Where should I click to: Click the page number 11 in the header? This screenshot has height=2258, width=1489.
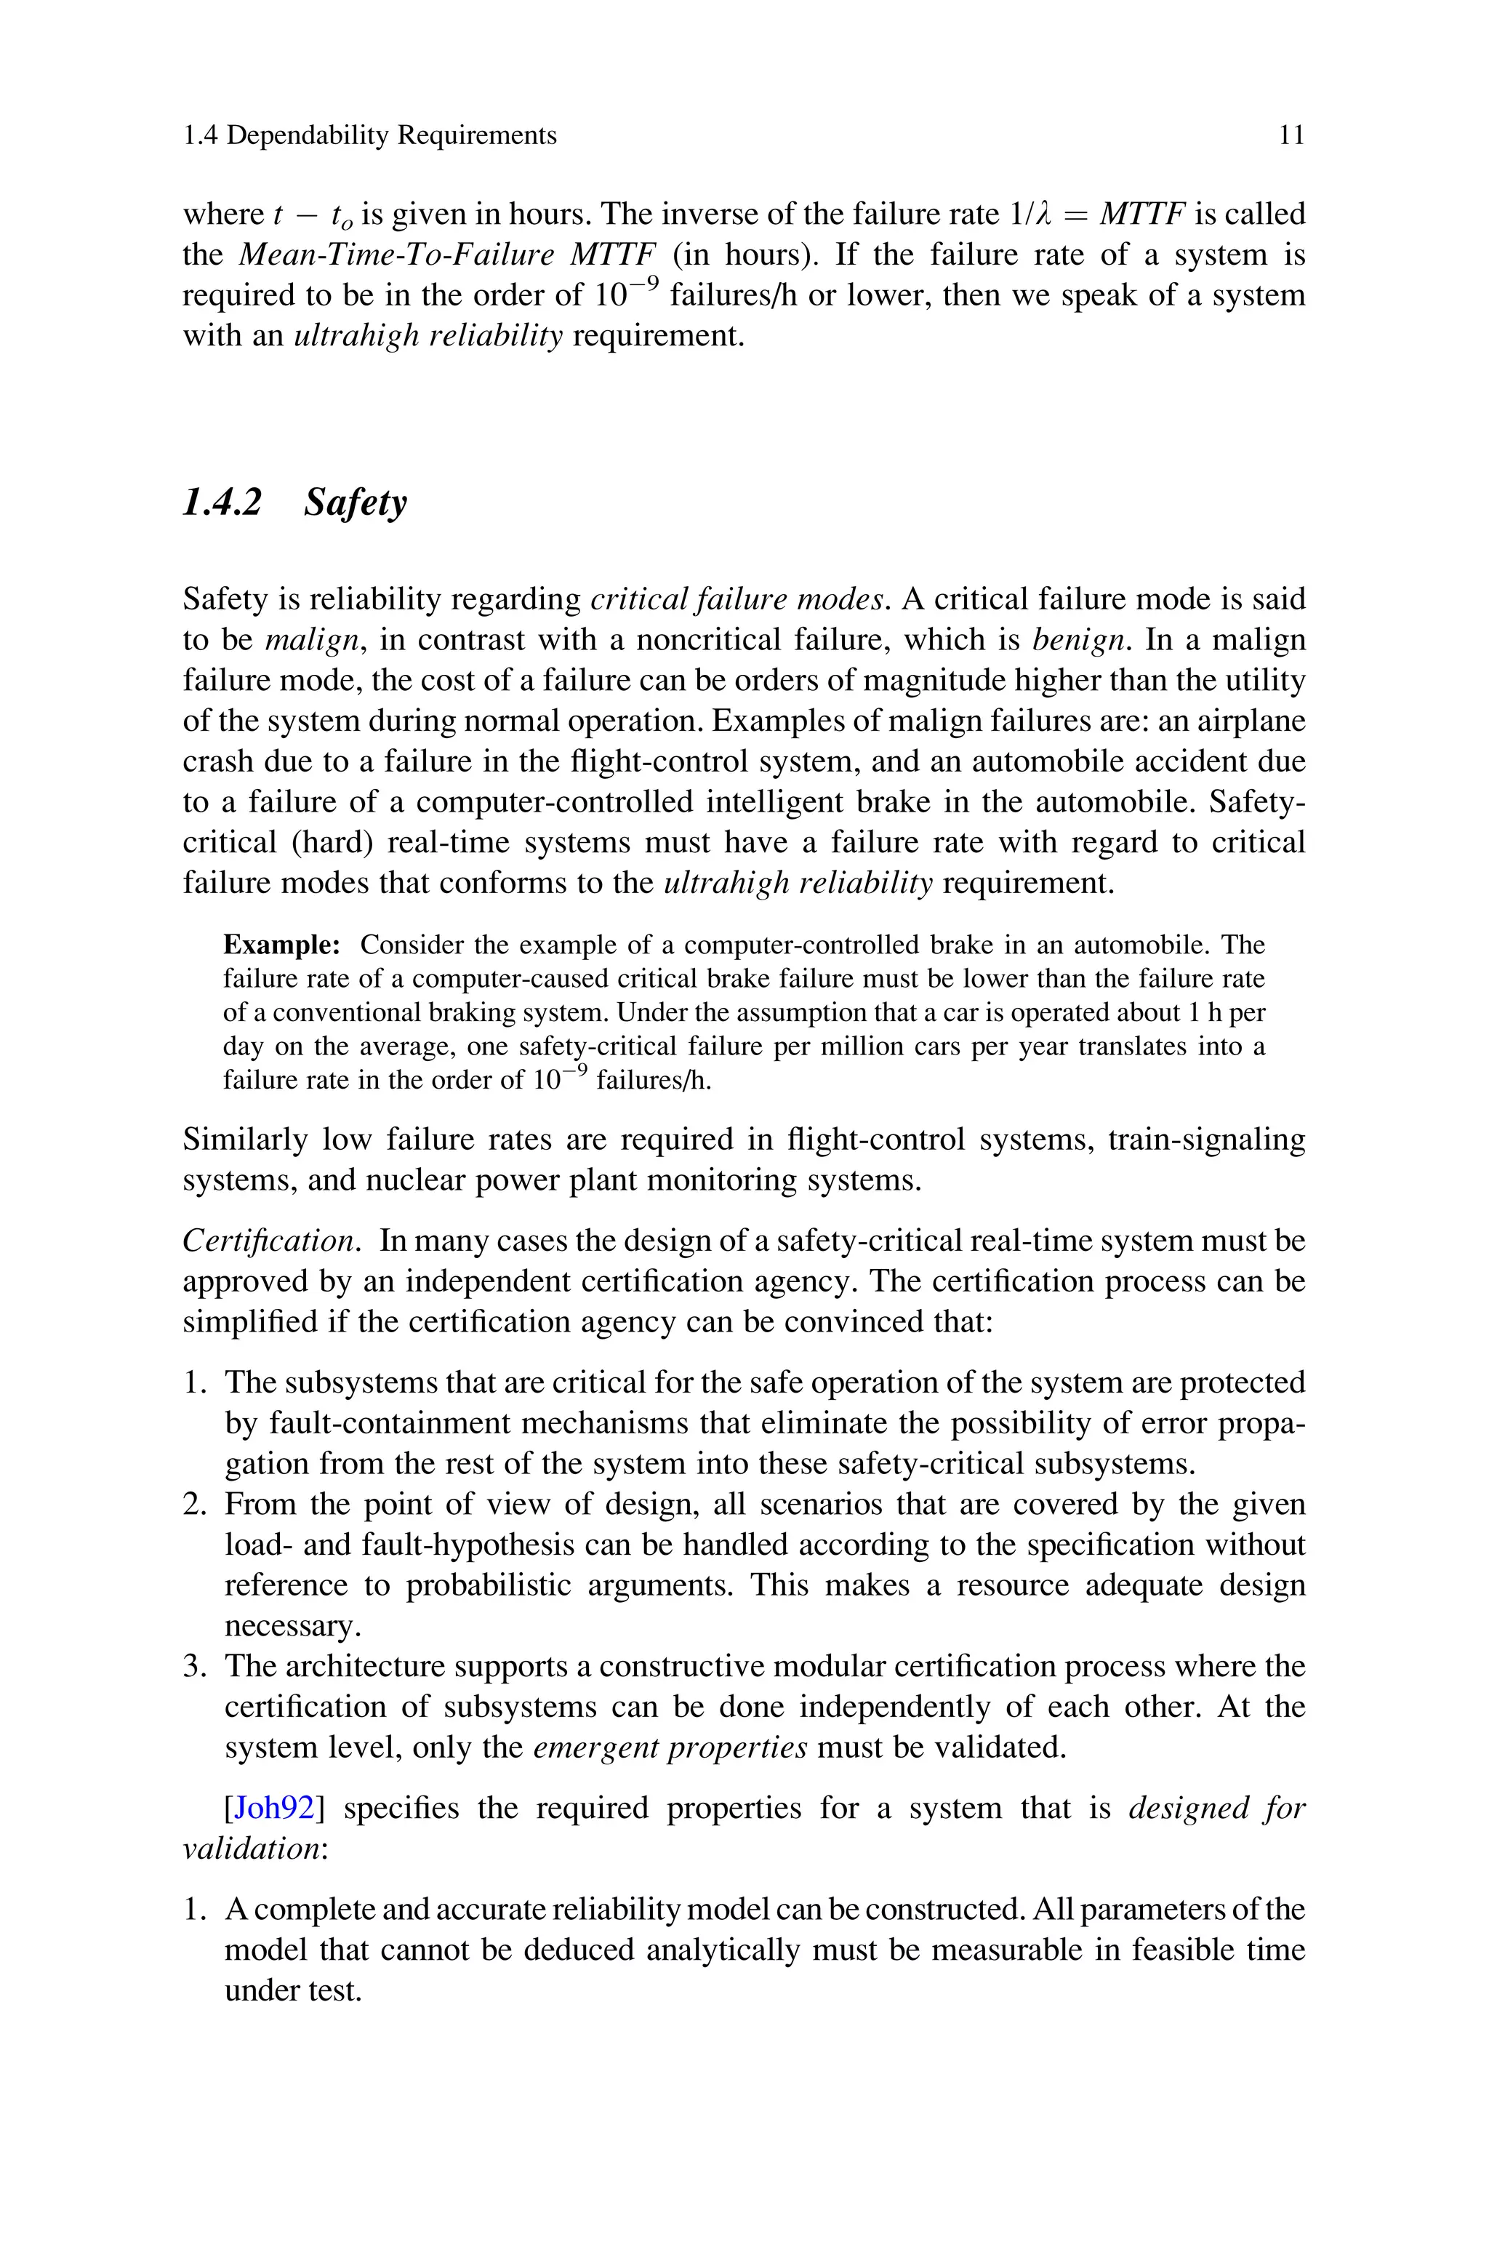[1291, 136]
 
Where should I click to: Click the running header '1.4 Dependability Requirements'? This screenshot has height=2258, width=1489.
[369, 136]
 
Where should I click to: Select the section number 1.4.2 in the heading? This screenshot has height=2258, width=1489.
[221, 503]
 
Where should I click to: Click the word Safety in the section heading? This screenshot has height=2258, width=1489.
[355, 503]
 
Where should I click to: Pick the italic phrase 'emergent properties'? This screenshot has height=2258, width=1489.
[670, 1748]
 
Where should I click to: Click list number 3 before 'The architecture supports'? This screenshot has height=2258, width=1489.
[195, 1667]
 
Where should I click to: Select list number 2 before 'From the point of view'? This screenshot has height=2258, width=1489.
[195, 1505]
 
